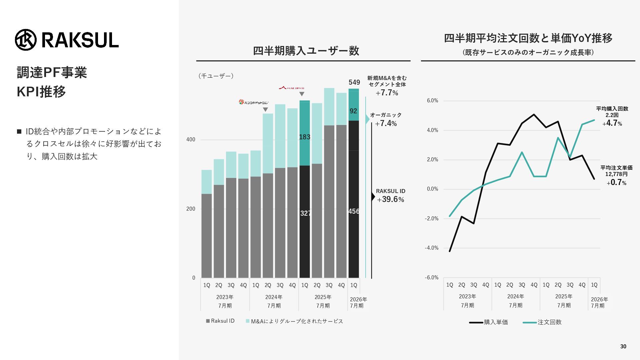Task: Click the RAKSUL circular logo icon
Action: click(x=26, y=40)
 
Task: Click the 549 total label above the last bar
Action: click(x=354, y=82)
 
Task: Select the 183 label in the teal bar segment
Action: click(x=305, y=137)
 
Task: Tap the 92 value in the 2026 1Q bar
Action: click(x=353, y=111)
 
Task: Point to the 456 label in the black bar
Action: click(x=354, y=211)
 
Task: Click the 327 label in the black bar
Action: click(x=305, y=213)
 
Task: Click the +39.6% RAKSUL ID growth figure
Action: click(x=390, y=199)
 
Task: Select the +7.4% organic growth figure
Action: click(x=386, y=123)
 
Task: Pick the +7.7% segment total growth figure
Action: click(x=387, y=93)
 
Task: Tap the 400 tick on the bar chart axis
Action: click(x=191, y=140)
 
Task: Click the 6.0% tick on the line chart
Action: click(x=432, y=101)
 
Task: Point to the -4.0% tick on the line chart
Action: click(x=432, y=248)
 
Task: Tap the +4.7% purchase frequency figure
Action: click(x=612, y=123)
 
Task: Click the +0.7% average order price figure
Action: click(x=617, y=182)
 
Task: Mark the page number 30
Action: click(x=623, y=347)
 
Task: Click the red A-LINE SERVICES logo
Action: click(x=291, y=88)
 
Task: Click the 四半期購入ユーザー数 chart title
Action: click(x=306, y=51)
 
